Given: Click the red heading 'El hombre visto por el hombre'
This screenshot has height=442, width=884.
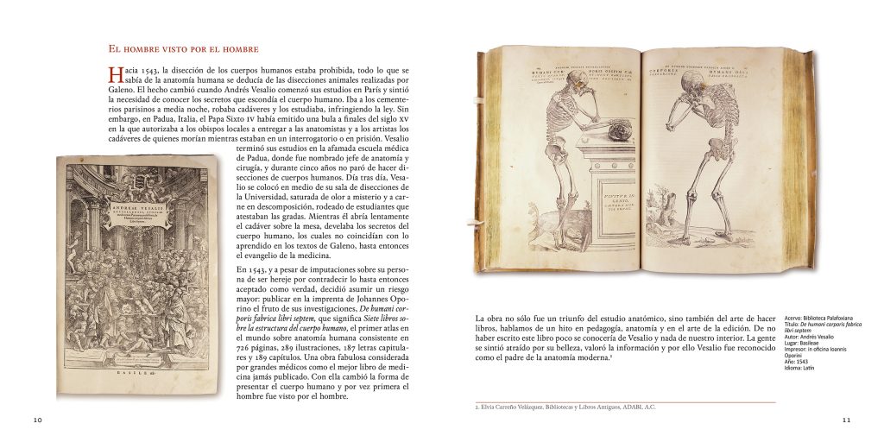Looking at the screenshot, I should [182, 48].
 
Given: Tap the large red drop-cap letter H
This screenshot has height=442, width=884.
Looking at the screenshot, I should [113, 75].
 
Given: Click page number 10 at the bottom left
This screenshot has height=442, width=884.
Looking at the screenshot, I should [38, 420].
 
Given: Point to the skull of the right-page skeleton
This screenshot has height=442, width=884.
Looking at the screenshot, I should [692, 85].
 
